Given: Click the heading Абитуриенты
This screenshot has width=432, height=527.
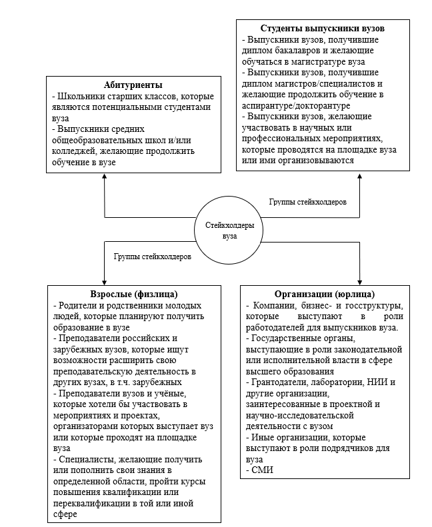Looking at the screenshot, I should click(133, 85).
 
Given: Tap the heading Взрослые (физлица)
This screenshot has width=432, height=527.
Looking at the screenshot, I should click(134, 293).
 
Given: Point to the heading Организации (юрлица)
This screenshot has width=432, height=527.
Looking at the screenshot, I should click(325, 294).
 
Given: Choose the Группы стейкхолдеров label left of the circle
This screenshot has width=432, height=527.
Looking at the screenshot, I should click(153, 256).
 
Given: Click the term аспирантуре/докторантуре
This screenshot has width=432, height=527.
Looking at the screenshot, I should click(290, 105).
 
